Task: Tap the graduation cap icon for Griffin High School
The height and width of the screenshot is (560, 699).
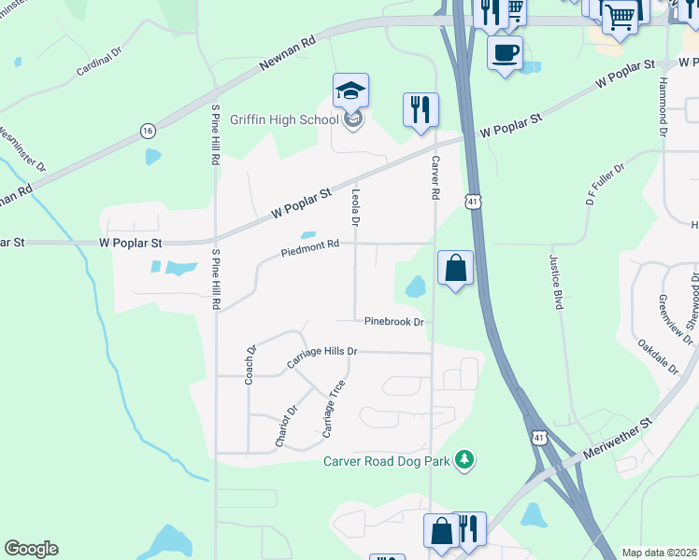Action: (351, 91)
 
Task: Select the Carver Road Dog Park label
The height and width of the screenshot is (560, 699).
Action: (387, 460)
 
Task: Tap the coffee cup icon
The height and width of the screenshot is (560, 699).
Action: (506, 53)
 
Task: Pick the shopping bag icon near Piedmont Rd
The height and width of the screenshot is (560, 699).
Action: (455, 268)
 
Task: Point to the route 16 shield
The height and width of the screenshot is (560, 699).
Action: (148, 130)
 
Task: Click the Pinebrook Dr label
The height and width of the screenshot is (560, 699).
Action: (394, 322)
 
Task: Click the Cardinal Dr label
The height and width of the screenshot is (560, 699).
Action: (99, 63)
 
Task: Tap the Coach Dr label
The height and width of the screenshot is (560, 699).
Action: (250, 365)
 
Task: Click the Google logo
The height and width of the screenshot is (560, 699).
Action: (31, 549)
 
